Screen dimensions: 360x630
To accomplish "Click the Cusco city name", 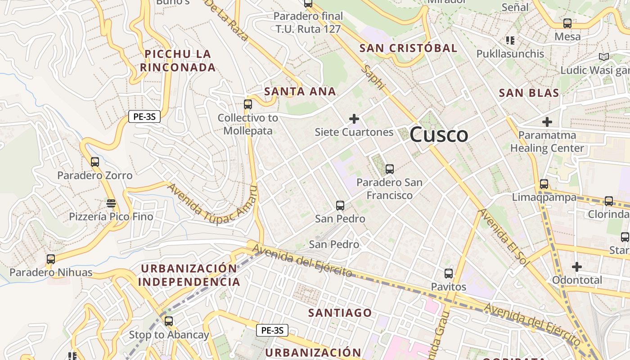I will click(x=439, y=135).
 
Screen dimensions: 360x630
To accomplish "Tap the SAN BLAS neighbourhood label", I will click(x=529, y=93).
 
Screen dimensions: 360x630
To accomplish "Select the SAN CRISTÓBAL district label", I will click(x=408, y=48).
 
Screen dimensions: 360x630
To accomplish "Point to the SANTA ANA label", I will click(x=300, y=91).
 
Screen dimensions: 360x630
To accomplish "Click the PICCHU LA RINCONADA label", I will click(x=178, y=61).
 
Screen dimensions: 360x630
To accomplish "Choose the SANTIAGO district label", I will click(x=340, y=312).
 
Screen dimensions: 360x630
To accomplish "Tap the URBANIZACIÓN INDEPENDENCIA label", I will click(x=189, y=275).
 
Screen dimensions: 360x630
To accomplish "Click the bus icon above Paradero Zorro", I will click(x=94, y=162).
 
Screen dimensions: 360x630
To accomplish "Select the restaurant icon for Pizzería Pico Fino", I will click(x=111, y=203).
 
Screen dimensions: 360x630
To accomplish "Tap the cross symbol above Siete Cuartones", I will click(x=354, y=119).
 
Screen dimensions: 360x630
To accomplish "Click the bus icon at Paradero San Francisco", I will click(x=390, y=169).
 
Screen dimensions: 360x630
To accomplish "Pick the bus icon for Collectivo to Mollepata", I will click(x=247, y=104).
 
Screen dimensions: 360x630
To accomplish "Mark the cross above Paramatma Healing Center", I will click(x=547, y=122).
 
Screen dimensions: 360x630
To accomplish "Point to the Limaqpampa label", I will click(x=544, y=198).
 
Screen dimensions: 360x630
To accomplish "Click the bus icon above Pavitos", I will click(x=449, y=274).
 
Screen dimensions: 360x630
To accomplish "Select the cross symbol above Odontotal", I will click(x=577, y=267).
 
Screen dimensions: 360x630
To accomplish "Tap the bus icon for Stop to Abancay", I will click(x=169, y=321).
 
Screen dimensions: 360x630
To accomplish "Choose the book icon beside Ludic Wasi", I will click(x=603, y=57).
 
